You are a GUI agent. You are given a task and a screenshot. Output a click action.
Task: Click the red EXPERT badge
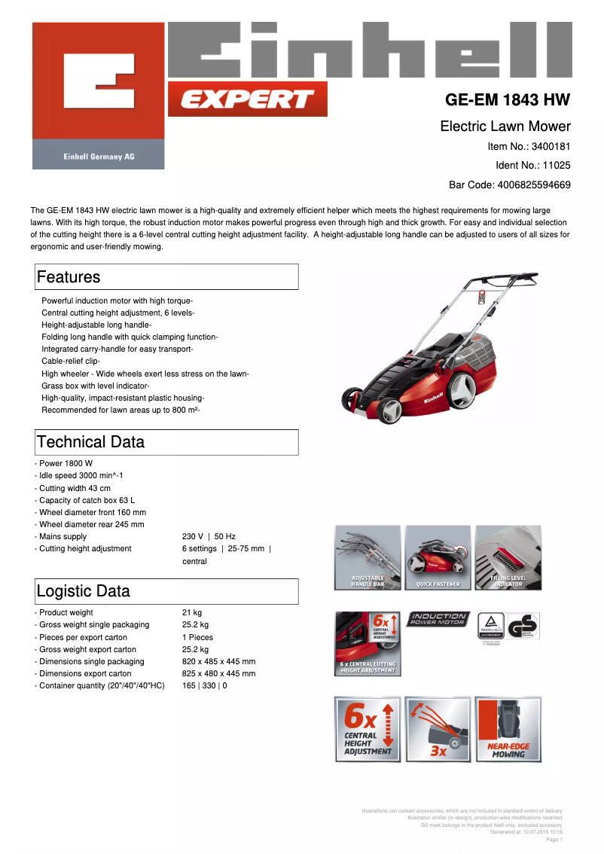[x=247, y=99]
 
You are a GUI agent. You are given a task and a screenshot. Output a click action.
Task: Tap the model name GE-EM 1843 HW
[x=508, y=100]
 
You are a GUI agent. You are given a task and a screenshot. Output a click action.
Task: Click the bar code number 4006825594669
[x=530, y=185]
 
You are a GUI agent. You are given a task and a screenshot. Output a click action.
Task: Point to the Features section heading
[x=69, y=277]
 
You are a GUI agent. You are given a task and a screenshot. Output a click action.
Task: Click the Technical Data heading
[x=90, y=442]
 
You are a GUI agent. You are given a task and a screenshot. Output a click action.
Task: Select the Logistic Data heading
[x=83, y=591]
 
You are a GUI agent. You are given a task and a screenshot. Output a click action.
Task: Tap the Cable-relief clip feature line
[x=71, y=361]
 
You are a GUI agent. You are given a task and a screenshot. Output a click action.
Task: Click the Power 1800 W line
[x=66, y=464]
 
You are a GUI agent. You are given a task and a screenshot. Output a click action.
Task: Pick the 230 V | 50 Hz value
[x=209, y=537]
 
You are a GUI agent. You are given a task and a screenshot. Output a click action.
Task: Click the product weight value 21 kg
[x=192, y=613]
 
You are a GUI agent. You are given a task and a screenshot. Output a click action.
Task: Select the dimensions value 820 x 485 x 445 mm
[x=218, y=661]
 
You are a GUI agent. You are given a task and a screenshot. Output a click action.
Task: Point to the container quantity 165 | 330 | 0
[x=204, y=686]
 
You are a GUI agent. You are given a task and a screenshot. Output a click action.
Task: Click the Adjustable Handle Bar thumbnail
[x=368, y=557]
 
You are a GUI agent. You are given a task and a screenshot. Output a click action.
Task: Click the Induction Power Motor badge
[x=438, y=620]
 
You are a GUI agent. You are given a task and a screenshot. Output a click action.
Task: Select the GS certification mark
[x=523, y=627]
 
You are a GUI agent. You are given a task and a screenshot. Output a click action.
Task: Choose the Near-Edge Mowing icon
[x=508, y=729]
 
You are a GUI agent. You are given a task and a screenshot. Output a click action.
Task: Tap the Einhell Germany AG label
[x=99, y=157]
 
